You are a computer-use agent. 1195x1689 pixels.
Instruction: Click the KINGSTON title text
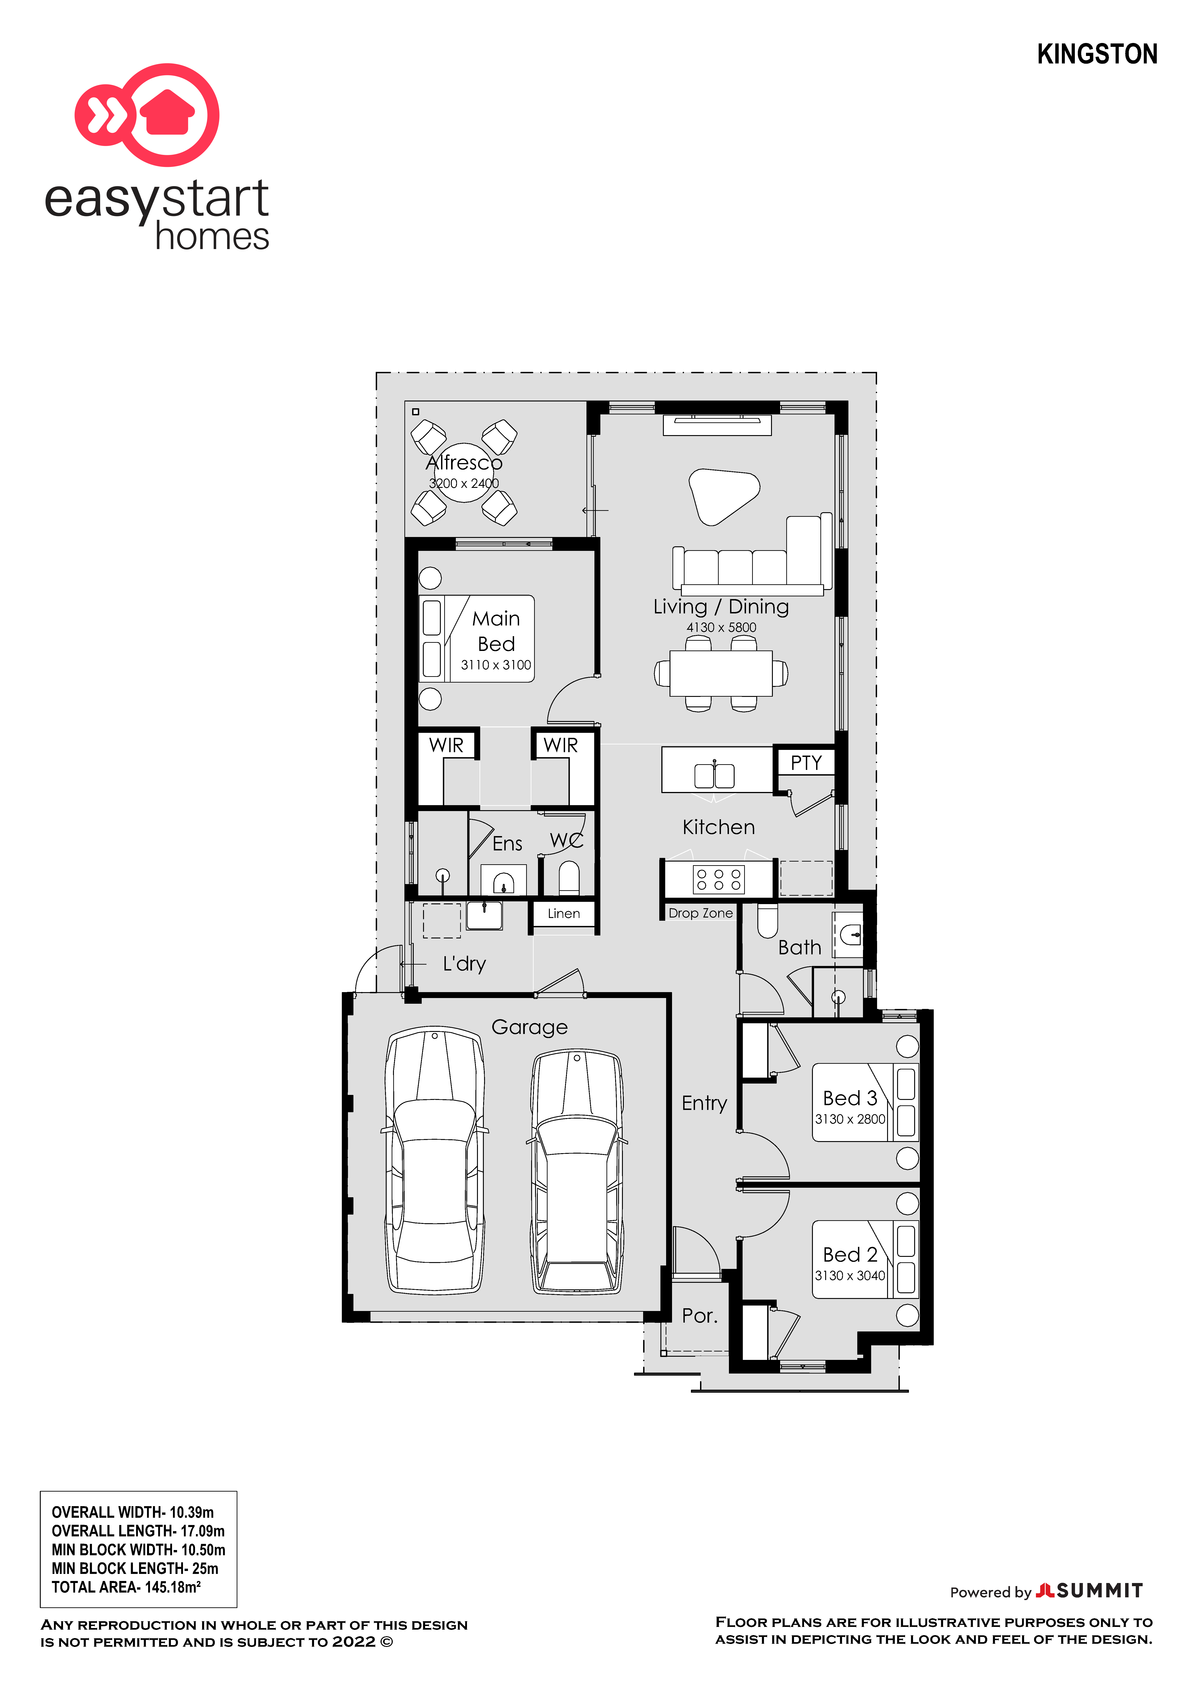pos(1097,54)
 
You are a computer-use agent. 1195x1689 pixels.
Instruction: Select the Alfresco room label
pos(464,463)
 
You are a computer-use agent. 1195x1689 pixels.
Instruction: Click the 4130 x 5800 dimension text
pos(721,628)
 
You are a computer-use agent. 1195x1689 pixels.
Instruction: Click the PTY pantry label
pos(806,763)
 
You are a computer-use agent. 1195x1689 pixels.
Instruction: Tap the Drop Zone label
pos(700,913)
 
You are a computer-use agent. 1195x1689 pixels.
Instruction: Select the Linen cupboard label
pos(564,914)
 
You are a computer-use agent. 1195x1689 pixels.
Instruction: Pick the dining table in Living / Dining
pos(721,673)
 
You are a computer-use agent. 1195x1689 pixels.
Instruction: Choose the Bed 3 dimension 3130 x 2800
pos(850,1119)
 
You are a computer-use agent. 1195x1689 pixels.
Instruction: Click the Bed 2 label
pos(850,1254)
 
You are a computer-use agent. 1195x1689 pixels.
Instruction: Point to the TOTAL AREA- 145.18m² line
pos(126,1587)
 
